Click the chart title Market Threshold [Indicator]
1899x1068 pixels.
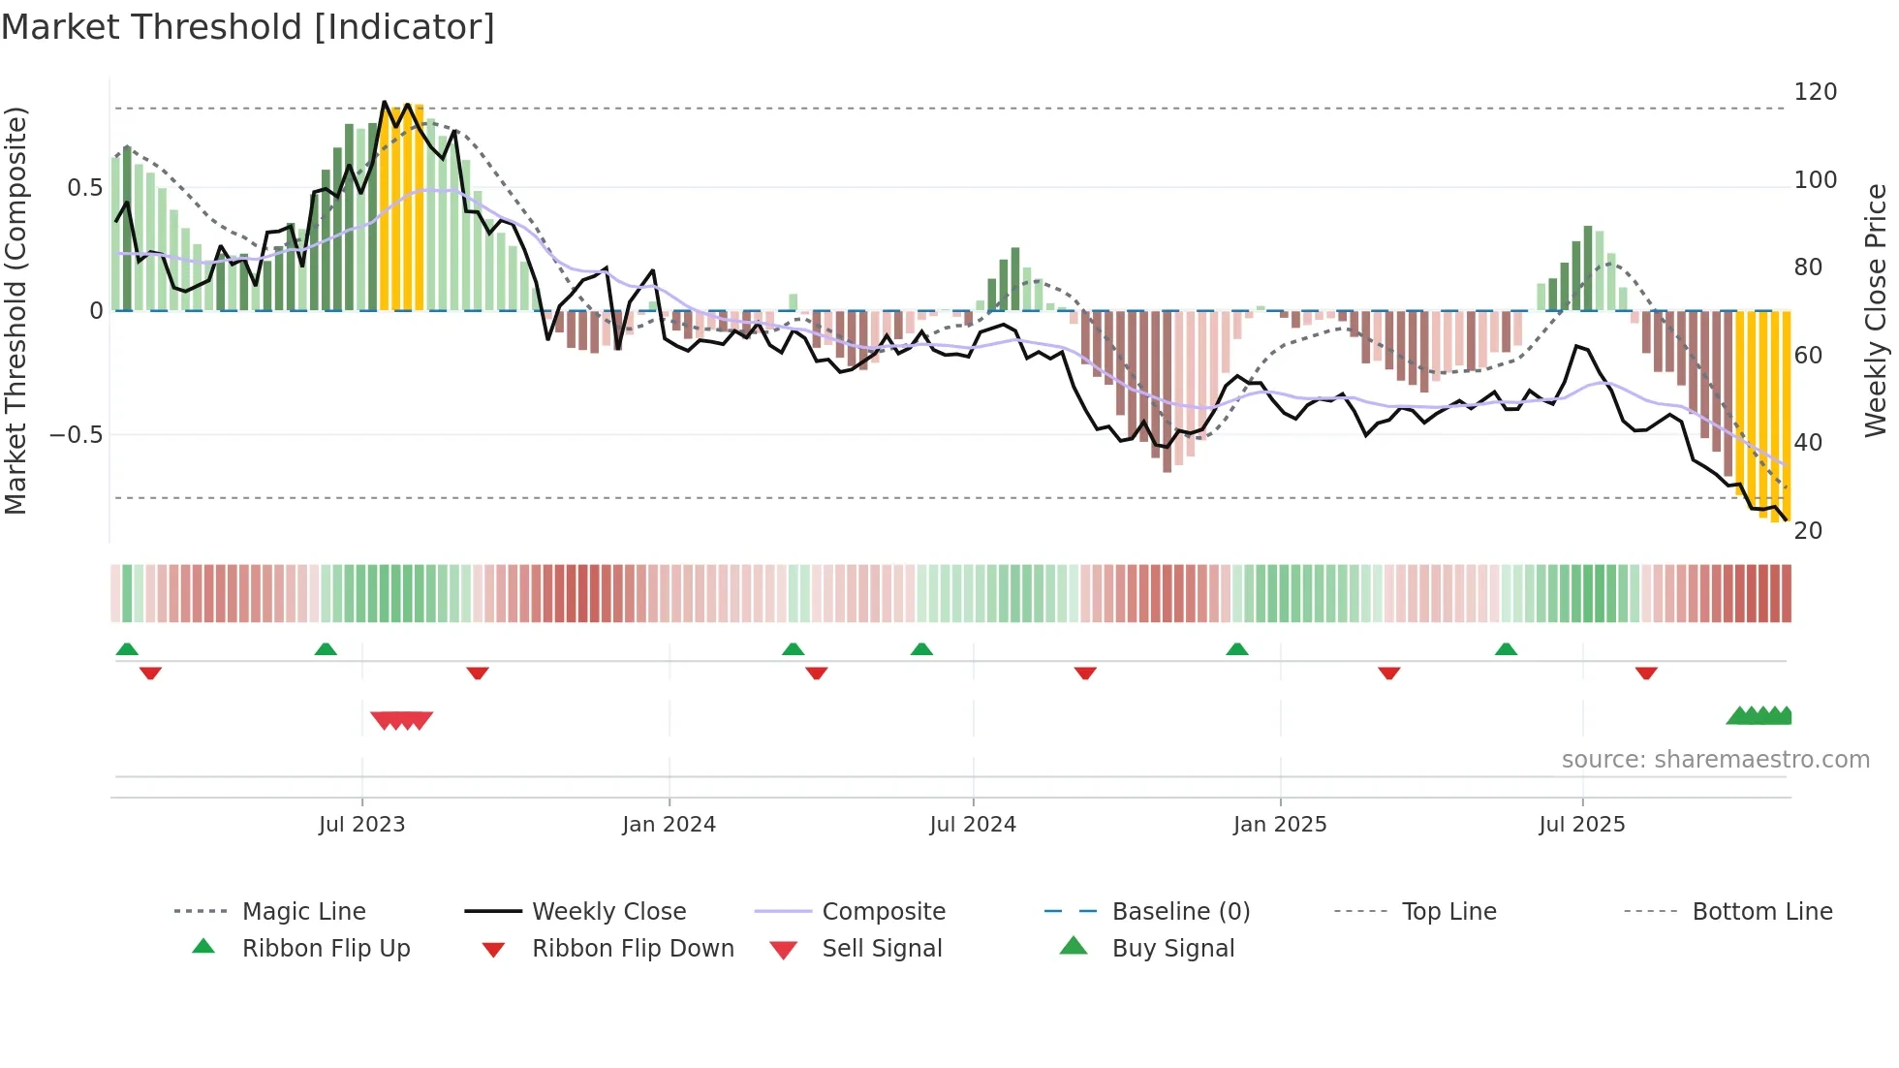[x=248, y=27]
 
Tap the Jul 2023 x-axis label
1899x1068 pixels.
[x=361, y=825]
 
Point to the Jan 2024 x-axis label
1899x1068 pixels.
[x=669, y=825]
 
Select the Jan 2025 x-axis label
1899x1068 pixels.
[x=1279, y=825]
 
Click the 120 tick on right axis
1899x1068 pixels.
[x=1815, y=92]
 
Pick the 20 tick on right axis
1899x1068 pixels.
[x=1808, y=531]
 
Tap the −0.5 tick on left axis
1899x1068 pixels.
[x=77, y=435]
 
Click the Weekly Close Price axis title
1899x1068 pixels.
[x=1876, y=310]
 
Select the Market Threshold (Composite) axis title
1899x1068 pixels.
[x=16, y=310]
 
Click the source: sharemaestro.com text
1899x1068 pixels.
[x=1715, y=760]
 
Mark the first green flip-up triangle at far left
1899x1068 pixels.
[x=127, y=649]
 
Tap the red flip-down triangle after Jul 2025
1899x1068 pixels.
[x=1646, y=673]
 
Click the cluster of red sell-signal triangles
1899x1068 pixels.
[x=401, y=720]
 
